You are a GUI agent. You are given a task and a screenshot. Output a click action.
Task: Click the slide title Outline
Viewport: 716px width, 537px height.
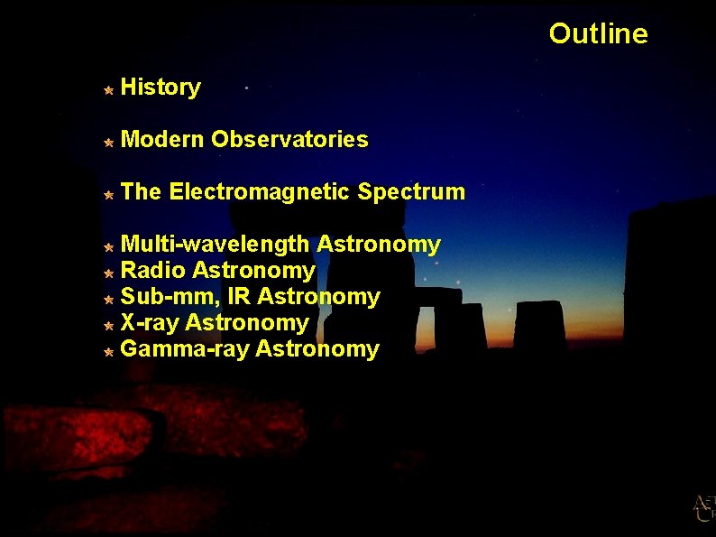click(598, 34)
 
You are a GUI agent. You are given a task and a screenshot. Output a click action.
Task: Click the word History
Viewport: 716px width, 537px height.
click(161, 88)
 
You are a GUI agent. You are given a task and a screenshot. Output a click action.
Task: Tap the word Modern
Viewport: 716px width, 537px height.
click(162, 140)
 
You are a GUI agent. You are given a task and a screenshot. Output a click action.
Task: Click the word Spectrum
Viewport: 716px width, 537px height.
click(411, 192)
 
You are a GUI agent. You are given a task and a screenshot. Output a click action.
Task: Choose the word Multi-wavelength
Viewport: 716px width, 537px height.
click(216, 245)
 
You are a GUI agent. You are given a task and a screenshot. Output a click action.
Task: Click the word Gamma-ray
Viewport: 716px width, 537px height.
click(185, 349)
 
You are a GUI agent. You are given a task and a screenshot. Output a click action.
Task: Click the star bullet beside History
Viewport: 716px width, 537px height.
click(107, 89)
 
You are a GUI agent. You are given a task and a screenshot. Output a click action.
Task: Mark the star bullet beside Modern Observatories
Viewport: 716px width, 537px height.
click(107, 142)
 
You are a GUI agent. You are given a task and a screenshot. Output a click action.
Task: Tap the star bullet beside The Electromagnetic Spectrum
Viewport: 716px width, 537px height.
click(107, 194)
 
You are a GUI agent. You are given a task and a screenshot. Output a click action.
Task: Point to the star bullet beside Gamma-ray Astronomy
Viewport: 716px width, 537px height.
click(107, 351)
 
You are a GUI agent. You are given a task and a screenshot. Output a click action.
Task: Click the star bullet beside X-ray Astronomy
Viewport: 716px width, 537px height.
click(107, 325)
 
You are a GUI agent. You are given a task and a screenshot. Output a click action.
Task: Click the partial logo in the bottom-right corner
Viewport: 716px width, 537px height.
click(704, 509)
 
